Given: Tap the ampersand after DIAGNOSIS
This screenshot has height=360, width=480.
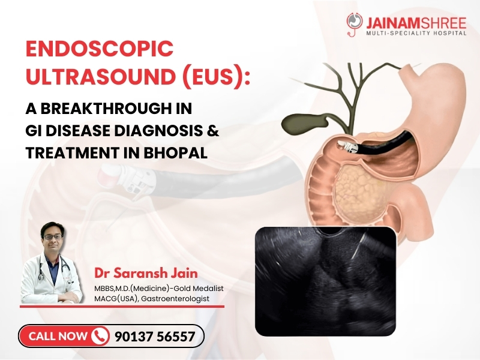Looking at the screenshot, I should (x=213, y=131).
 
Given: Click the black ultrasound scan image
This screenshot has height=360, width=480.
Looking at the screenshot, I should (x=325, y=280).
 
